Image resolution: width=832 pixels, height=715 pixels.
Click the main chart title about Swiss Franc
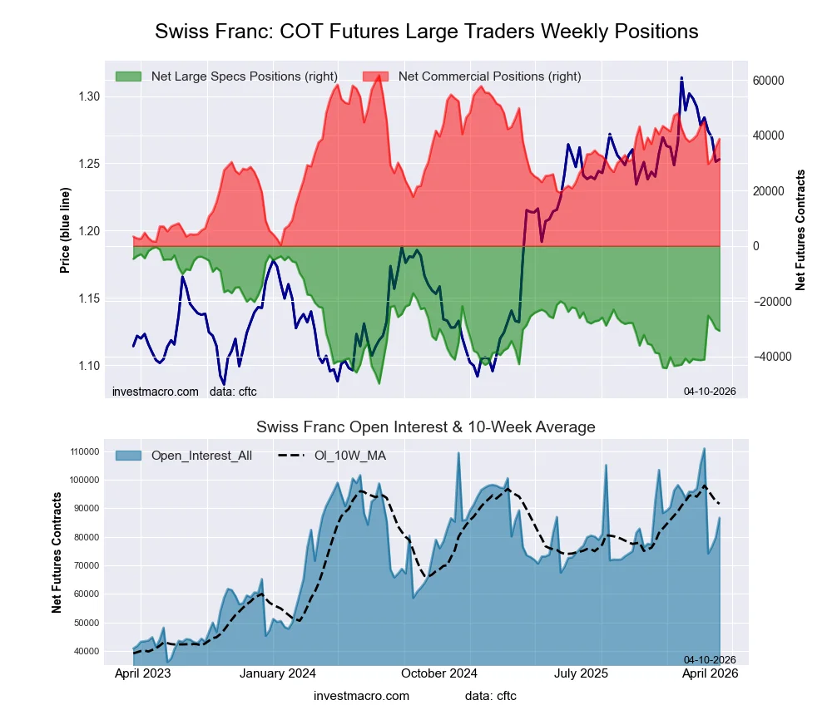click(426, 32)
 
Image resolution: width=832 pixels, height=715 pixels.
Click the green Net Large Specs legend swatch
click(128, 76)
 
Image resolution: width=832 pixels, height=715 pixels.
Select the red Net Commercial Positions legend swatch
click(375, 76)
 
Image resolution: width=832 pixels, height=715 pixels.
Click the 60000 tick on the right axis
click(769, 81)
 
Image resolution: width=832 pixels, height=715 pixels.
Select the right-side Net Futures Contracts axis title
click(800, 230)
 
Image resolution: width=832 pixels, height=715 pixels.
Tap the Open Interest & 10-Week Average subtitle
click(425, 427)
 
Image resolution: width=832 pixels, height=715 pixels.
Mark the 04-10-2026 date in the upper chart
click(710, 391)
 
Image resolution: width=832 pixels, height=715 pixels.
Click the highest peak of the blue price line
click(681, 78)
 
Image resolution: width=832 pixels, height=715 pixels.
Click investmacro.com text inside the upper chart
click(155, 391)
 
